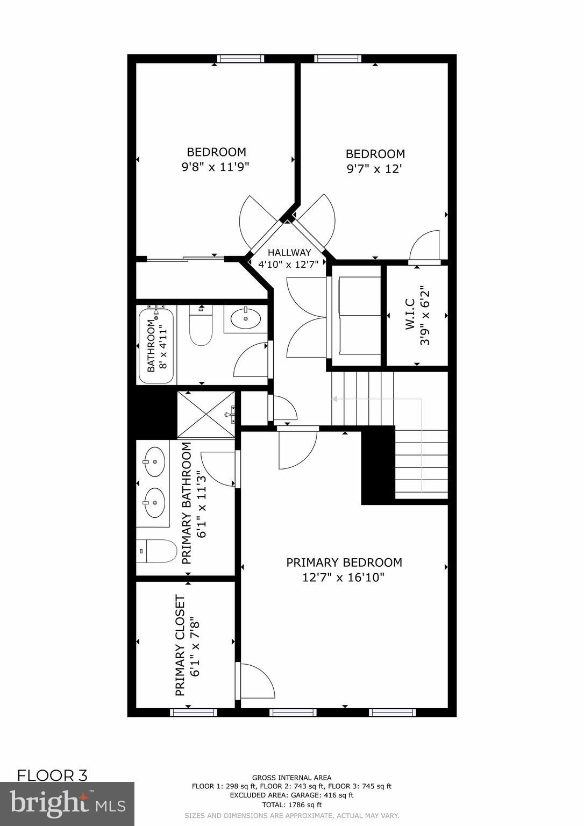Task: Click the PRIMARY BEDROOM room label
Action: (344, 562)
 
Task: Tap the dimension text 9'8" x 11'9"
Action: (215, 167)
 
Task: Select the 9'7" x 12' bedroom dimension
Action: (375, 169)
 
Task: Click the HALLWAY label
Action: (289, 252)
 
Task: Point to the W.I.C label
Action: (410, 315)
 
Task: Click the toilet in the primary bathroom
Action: (156, 551)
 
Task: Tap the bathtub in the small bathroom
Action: (156, 345)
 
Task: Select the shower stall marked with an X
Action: (206, 415)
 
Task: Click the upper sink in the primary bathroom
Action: (154, 461)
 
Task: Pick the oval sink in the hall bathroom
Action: (246, 318)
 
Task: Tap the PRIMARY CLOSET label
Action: (181, 645)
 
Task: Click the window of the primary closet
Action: (194, 713)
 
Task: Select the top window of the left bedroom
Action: (240, 59)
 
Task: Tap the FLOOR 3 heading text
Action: (52, 775)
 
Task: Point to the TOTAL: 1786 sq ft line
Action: (291, 805)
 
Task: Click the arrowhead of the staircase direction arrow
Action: (334, 399)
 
